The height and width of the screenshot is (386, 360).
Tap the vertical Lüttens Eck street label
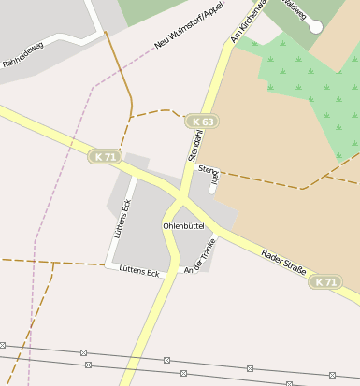click(x=121, y=221)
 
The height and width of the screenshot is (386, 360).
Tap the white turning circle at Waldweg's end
click(x=315, y=27)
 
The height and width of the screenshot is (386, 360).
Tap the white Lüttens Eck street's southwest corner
click(x=106, y=264)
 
